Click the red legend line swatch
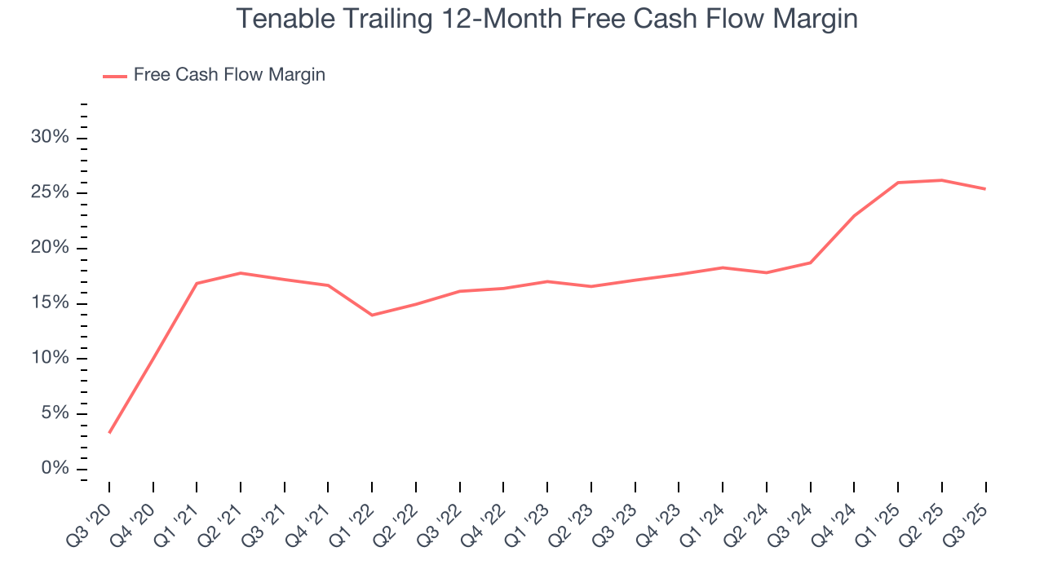(114, 76)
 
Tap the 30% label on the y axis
(50, 137)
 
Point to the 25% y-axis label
(50, 192)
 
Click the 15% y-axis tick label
(50, 303)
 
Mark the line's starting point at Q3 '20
(109, 432)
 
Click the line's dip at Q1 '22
(372, 315)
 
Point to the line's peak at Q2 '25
(941, 180)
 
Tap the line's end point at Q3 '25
(985, 189)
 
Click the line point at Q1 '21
(197, 284)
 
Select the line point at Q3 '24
(810, 263)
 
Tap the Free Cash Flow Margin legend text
(229, 75)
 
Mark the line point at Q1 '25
(897, 183)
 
